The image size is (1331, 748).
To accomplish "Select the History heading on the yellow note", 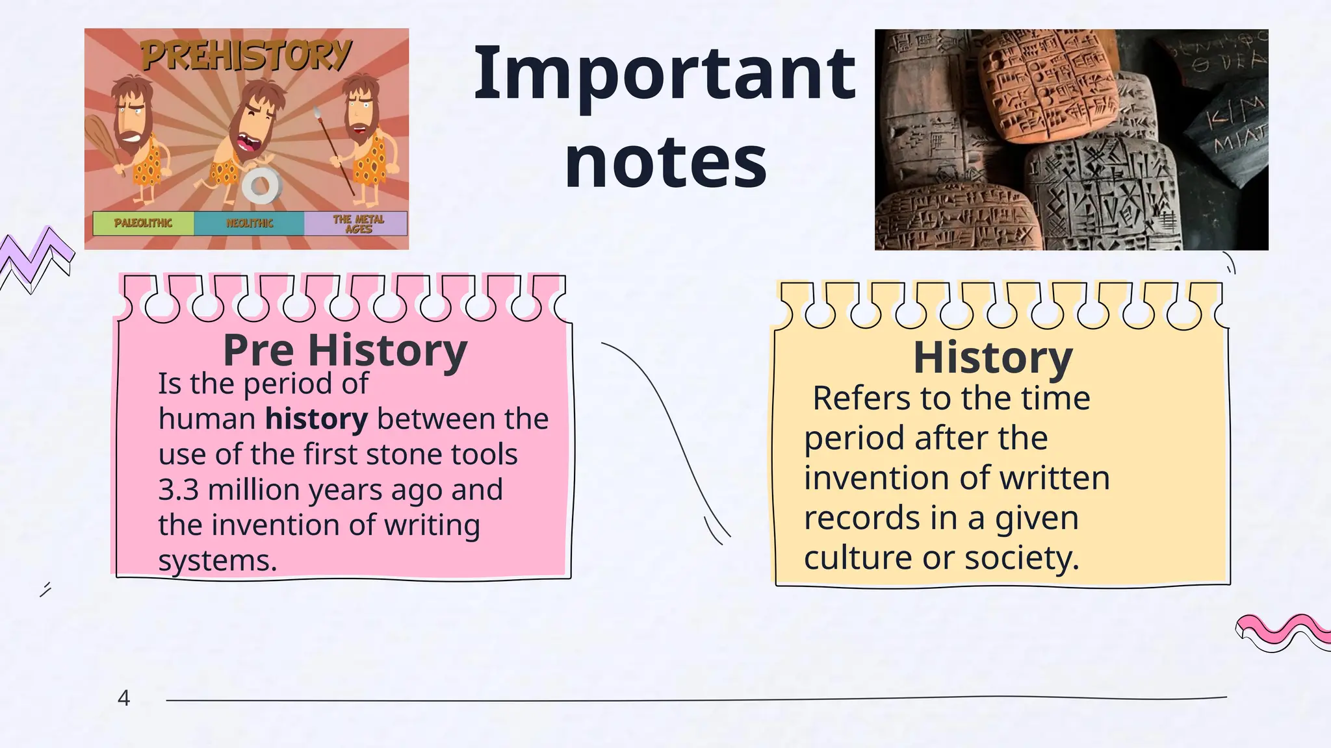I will click(992, 357).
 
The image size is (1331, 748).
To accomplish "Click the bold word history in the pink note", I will click(317, 419).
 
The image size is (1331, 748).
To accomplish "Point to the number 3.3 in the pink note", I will click(178, 490).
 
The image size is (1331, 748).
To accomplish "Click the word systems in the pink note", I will click(217, 560).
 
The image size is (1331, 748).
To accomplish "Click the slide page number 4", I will click(123, 698).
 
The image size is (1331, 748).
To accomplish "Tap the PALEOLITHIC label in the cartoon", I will click(143, 223).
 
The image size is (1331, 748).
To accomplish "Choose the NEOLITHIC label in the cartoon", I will click(250, 223).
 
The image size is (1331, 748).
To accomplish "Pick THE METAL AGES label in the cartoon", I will click(358, 223).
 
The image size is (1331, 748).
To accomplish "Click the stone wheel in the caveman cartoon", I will click(261, 186).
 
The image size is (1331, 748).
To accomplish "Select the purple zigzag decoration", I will click(36, 256).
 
